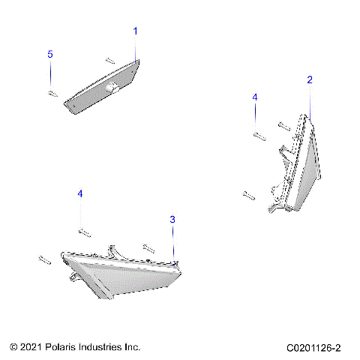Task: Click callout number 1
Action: click(x=136, y=31)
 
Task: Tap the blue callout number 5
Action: click(x=50, y=55)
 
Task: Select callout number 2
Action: click(x=310, y=79)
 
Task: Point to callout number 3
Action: click(x=172, y=220)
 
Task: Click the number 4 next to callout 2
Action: click(x=254, y=97)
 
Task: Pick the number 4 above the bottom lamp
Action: click(x=80, y=193)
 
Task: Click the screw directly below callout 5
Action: click(x=52, y=93)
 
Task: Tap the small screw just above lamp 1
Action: click(x=109, y=59)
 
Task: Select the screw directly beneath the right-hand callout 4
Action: click(x=258, y=135)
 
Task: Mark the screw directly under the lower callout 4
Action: click(x=82, y=231)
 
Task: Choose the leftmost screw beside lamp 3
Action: click(x=43, y=259)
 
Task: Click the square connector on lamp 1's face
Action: click(x=113, y=88)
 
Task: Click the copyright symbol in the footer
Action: click(x=14, y=347)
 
